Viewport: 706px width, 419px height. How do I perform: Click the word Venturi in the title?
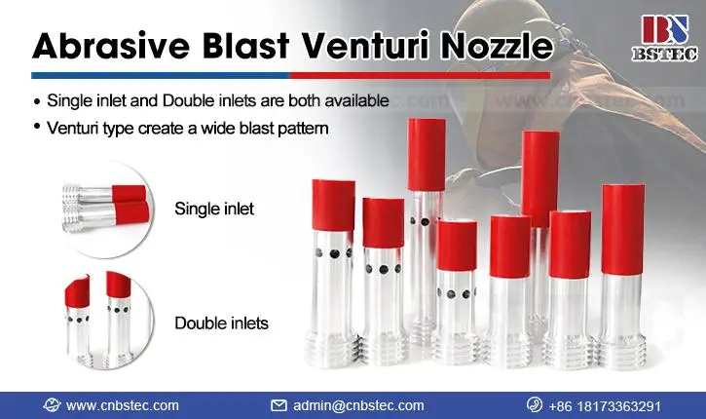[x=365, y=45]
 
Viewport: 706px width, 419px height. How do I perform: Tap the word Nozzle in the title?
[x=496, y=45]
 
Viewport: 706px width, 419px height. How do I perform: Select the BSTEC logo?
[x=665, y=38]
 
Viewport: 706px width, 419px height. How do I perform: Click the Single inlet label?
[x=214, y=209]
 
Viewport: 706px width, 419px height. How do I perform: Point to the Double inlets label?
[x=221, y=324]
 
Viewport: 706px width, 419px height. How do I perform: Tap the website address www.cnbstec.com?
[x=123, y=405]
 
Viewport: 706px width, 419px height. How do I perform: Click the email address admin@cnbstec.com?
[x=358, y=405]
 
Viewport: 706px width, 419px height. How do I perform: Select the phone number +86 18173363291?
[x=605, y=406]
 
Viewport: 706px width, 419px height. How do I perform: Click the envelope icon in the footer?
[x=279, y=405]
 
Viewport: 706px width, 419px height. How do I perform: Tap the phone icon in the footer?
[x=535, y=404]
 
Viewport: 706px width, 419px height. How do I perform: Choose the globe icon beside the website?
[x=52, y=405]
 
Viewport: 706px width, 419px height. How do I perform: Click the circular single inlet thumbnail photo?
[x=107, y=209]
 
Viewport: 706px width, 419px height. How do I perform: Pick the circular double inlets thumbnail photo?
[x=107, y=319]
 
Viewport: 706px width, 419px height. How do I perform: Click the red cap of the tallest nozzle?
[x=427, y=155]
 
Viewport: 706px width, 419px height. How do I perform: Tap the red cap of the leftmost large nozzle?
[x=334, y=206]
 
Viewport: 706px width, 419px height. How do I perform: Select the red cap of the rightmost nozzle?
[x=622, y=229]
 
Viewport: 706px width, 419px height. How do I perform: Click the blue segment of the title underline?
[x=161, y=76]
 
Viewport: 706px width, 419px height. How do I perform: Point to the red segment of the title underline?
[x=420, y=76]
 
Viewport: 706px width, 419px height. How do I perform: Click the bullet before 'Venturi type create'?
[x=37, y=126]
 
